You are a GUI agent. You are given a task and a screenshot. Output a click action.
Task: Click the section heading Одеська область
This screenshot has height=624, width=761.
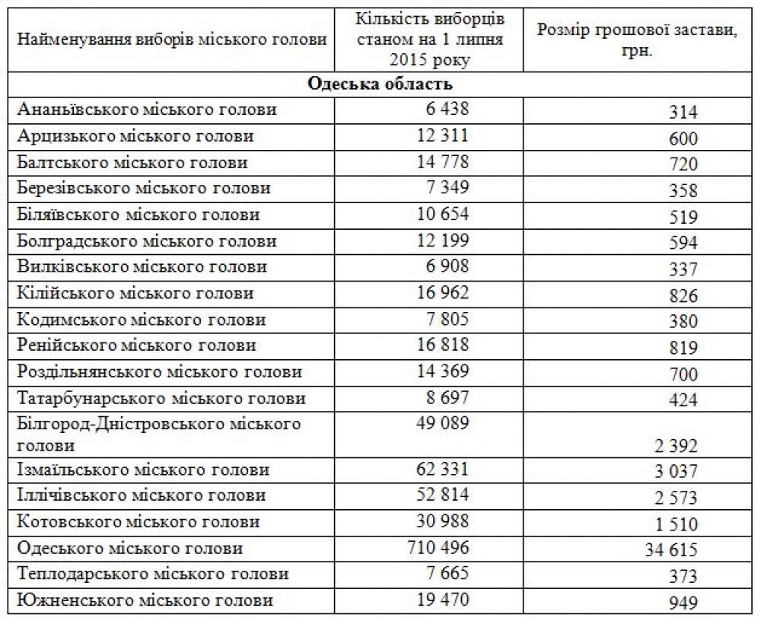(380, 83)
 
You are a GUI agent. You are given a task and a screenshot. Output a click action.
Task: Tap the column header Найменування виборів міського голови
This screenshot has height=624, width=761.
(171, 39)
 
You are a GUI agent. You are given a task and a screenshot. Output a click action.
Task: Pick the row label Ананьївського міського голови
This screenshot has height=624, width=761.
(147, 110)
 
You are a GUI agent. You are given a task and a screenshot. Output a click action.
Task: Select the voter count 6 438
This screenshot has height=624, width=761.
(448, 109)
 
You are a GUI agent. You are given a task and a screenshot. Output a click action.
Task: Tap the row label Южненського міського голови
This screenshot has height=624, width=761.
(145, 600)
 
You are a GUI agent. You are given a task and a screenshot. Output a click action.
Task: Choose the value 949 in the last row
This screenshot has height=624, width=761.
(683, 604)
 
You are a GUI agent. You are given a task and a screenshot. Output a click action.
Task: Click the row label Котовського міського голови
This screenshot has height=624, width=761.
(138, 521)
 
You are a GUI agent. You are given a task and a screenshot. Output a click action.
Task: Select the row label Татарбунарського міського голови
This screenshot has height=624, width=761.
(161, 398)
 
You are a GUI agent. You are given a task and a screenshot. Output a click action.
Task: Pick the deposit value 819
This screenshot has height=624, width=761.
(683, 348)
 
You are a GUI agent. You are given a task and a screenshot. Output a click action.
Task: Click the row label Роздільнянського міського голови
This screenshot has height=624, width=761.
(159, 372)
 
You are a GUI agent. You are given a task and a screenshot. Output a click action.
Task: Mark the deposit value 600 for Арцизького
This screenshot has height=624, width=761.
(683, 139)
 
